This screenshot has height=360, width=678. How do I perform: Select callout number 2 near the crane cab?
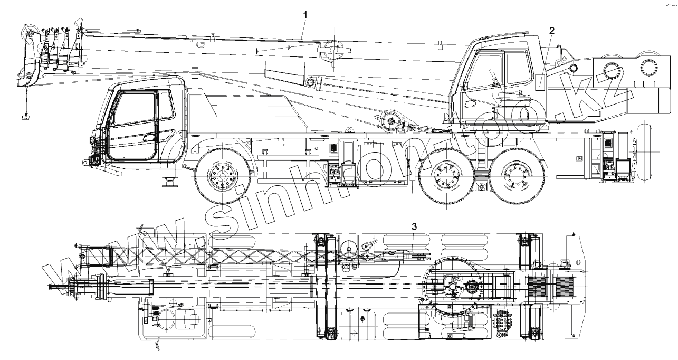552,31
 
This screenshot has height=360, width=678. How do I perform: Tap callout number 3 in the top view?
414,227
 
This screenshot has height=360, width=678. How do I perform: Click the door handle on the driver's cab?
150,138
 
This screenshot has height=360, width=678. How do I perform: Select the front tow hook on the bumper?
84,161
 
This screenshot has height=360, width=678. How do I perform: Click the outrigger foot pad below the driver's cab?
170,183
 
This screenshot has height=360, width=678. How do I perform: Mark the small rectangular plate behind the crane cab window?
541,82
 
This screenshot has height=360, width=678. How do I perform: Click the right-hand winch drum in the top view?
564,286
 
